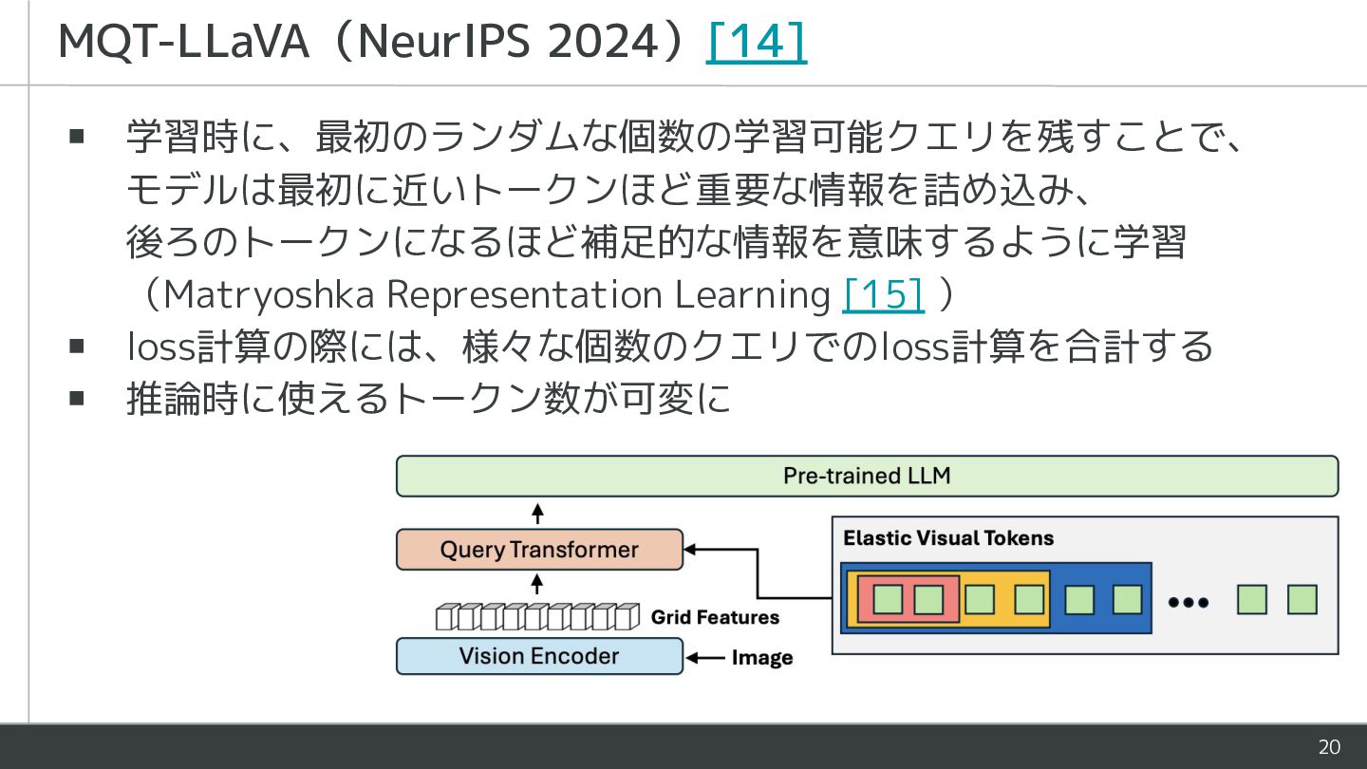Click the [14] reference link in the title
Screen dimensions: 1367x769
[x=756, y=42]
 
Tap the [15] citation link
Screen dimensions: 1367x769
[x=883, y=294]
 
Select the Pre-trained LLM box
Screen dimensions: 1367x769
[x=868, y=476]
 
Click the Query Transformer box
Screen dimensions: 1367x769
[x=539, y=550]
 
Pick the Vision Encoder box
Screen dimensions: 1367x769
[x=539, y=656]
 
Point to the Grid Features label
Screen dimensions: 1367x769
[x=715, y=617]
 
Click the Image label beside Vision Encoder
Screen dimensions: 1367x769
[x=762, y=657]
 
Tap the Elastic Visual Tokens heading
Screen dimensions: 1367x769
[x=948, y=537]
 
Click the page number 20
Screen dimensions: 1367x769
[x=1329, y=747]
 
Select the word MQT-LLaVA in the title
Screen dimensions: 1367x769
[x=183, y=42]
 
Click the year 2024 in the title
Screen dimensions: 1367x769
[x=604, y=42]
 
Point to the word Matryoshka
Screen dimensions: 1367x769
[x=270, y=295]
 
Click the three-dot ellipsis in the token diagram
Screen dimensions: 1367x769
[x=1189, y=602]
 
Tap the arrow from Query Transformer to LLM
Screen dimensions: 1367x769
[x=537, y=514]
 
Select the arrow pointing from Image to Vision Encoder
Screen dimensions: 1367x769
[x=705, y=657]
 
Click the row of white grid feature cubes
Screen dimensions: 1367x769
[x=537, y=616]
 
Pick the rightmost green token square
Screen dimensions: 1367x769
[x=1301, y=599]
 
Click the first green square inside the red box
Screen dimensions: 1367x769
[x=888, y=599]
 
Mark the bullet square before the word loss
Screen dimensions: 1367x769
[x=77, y=347]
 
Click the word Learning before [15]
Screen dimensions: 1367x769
[x=753, y=295]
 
